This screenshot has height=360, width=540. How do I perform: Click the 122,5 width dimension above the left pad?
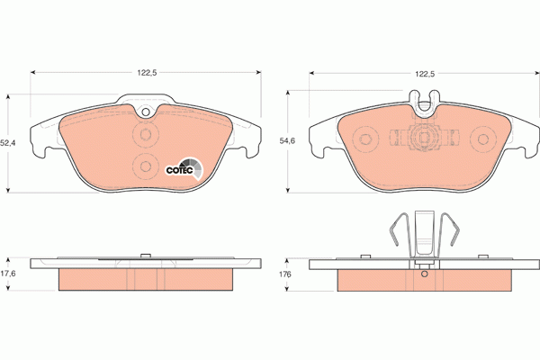coord(147,73)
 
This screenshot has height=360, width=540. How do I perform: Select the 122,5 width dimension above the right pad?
coord(425,74)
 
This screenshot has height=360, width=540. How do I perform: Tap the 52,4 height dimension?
coord(7,142)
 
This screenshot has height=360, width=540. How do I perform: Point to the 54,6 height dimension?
coord(287,141)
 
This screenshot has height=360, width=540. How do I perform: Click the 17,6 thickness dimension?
coord(7,274)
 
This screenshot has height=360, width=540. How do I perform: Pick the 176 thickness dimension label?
coord(285,274)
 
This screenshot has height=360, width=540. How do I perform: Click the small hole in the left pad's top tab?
coord(146,112)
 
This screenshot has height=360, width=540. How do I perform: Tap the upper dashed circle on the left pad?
coord(146,134)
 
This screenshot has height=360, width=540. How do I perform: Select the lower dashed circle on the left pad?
coord(146,166)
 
